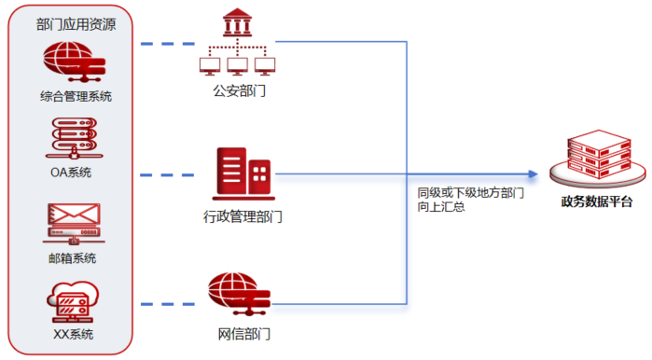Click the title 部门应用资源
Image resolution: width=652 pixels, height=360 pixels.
(x=76, y=24)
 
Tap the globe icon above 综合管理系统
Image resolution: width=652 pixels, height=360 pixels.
(x=75, y=62)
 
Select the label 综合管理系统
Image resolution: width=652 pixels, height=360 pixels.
(x=76, y=96)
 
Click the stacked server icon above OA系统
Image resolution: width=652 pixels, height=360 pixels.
(x=74, y=138)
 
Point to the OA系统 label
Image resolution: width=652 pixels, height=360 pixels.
(x=71, y=173)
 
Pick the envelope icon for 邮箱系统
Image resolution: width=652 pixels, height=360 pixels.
(x=74, y=224)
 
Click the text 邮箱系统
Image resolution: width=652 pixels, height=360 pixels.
(x=73, y=258)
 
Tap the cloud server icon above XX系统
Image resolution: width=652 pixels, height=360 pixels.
(x=73, y=302)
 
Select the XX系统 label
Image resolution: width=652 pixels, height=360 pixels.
(x=73, y=334)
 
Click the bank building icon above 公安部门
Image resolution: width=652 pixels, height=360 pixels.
(x=237, y=42)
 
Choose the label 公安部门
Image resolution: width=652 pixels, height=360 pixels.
(x=240, y=90)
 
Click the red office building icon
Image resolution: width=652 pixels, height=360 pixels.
(x=243, y=173)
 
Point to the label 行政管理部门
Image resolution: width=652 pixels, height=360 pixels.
(x=243, y=216)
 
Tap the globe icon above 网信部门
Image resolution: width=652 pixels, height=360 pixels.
(x=239, y=294)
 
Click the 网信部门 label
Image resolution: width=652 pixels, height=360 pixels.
(x=244, y=334)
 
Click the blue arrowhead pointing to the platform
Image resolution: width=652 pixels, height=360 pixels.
(x=534, y=174)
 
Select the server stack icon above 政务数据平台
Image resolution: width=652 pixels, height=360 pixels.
(x=598, y=159)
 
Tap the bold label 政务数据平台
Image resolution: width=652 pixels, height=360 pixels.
(x=597, y=201)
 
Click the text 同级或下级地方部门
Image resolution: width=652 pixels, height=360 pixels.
(x=471, y=193)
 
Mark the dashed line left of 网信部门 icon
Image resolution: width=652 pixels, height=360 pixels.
(x=168, y=304)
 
